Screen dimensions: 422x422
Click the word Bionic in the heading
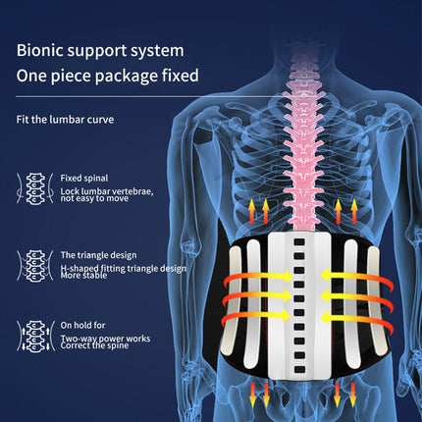tap(39, 50)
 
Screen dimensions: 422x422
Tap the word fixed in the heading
tap(181, 76)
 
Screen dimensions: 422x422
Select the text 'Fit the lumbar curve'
tap(65, 120)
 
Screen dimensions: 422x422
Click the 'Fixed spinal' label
tap(84, 179)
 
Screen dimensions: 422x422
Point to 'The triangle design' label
tap(98, 255)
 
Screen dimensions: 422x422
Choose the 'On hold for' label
tap(82, 325)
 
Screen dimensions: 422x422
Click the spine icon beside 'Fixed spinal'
tap(35, 188)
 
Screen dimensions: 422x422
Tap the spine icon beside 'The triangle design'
tap(35, 266)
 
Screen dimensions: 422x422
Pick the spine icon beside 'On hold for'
tap(35, 337)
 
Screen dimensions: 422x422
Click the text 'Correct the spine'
tap(94, 345)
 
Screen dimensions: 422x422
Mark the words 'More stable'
tap(83, 276)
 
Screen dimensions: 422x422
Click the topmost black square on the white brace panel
tap(299, 242)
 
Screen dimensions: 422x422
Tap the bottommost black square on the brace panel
tap(299, 370)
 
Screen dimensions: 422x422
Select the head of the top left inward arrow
tap(288, 276)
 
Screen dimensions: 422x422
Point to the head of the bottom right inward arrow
tap(327, 317)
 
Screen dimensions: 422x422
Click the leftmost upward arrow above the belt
tap(251, 211)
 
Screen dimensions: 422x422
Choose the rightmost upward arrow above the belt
tap(354, 211)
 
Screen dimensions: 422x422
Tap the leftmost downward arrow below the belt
tap(252, 395)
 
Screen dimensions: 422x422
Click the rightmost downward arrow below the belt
tap(352, 395)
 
